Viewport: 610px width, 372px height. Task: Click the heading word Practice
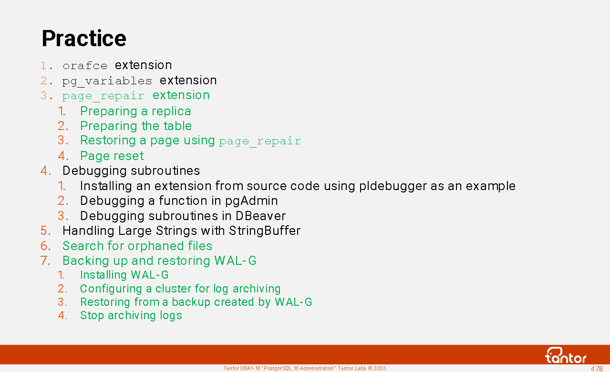(84, 39)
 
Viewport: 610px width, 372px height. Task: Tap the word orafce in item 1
(85, 66)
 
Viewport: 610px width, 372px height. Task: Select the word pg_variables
(107, 81)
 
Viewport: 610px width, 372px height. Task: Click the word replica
(171, 111)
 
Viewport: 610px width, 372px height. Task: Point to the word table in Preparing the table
(177, 126)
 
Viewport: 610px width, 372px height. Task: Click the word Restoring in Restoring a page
(108, 141)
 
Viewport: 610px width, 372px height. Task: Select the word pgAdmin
(252, 201)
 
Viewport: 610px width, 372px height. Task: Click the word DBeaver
(260, 216)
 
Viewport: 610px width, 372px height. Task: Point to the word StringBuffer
(265, 231)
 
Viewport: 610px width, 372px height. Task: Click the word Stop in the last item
(92, 316)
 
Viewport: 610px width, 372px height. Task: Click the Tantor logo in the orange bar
(566, 355)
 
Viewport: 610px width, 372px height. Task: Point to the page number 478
(596, 369)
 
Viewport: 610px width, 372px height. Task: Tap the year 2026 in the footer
(380, 369)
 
